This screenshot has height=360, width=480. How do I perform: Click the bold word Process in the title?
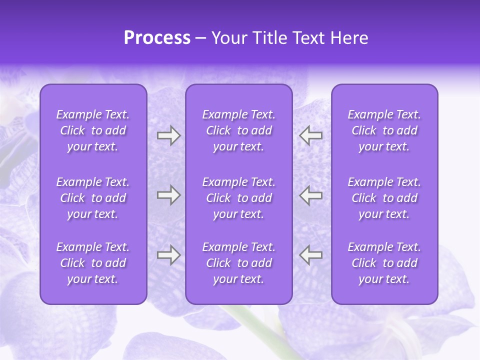[157, 38]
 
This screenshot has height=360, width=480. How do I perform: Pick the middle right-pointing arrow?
[168, 195]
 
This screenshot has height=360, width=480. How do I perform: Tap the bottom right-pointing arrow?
[168, 255]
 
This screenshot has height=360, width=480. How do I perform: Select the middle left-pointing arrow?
[310, 195]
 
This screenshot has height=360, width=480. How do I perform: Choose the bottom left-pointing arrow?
[310, 255]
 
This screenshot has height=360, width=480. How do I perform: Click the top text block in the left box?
[93, 130]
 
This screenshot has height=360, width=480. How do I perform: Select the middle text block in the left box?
[93, 198]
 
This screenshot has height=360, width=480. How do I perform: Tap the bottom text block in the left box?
[93, 263]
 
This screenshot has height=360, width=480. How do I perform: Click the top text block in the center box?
[238, 130]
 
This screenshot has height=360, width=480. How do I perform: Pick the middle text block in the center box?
[238, 198]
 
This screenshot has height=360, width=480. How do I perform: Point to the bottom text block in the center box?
[238, 263]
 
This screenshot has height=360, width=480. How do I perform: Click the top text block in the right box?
[384, 130]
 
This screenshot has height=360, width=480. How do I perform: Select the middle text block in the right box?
[384, 198]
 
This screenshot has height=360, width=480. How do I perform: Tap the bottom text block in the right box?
[384, 263]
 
